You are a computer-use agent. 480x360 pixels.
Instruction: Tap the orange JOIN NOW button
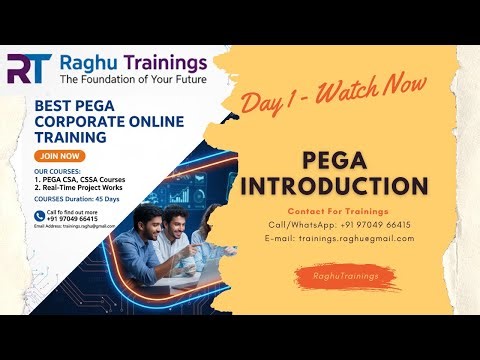tap(59, 157)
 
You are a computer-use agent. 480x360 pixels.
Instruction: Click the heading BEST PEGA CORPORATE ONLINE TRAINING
tap(84, 120)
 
